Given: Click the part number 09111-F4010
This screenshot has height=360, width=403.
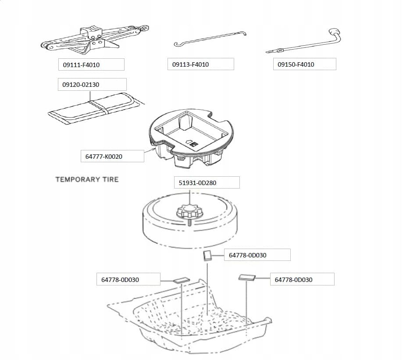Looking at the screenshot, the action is click(81, 65).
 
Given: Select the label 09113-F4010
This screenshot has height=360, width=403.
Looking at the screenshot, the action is click(190, 64).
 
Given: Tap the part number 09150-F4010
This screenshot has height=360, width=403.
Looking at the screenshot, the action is click(296, 64).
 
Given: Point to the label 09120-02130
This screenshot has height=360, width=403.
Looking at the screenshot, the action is click(81, 85).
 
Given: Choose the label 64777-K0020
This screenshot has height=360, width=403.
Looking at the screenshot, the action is click(104, 157).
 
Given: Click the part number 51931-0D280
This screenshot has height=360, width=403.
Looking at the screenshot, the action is click(197, 183).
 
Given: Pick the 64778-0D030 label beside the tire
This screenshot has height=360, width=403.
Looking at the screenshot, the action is click(247, 255).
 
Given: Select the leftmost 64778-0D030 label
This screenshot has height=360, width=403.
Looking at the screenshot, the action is click(120, 280).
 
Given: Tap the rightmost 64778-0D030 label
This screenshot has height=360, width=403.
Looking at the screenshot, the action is click(293, 280).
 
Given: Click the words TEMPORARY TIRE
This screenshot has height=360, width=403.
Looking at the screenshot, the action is click(87, 179).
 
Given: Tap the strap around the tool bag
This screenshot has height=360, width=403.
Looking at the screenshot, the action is click(99, 107).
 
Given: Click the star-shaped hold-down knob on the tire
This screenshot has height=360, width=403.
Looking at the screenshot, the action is click(190, 211).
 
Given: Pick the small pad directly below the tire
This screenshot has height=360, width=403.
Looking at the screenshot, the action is click(207, 256).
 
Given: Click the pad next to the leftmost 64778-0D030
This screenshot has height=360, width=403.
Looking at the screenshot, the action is click(182, 280).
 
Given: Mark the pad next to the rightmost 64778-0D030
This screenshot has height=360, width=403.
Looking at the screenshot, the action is click(247, 277).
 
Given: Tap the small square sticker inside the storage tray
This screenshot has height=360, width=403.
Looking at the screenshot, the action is click(193, 144).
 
